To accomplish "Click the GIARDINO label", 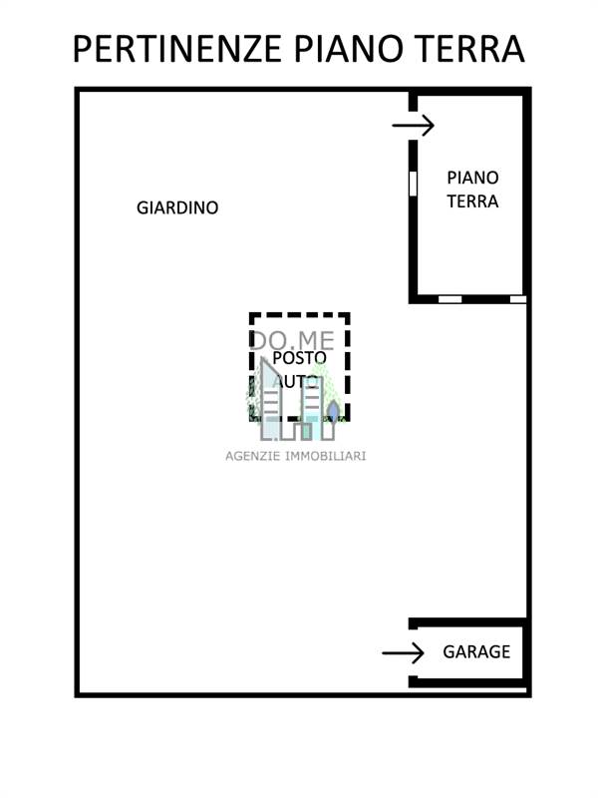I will pyautogui.click(x=177, y=208).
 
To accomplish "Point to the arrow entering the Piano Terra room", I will pyautogui.click(x=413, y=126).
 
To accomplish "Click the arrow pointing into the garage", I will pyautogui.click(x=403, y=653).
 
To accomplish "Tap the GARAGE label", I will pyautogui.click(x=476, y=652).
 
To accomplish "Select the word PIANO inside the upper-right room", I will pyautogui.click(x=472, y=178).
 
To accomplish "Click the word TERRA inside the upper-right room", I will pyautogui.click(x=472, y=201).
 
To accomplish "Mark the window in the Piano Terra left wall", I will pyautogui.click(x=412, y=183).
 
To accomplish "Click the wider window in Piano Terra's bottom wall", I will pyautogui.click(x=450, y=298).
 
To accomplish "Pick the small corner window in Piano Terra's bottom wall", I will pyautogui.click(x=517, y=298).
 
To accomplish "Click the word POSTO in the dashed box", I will pyautogui.click(x=299, y=358).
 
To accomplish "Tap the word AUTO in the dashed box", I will pyautogui.click(x=296, y=381).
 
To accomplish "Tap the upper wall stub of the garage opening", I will pyautogui.click(x=412, y=624).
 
